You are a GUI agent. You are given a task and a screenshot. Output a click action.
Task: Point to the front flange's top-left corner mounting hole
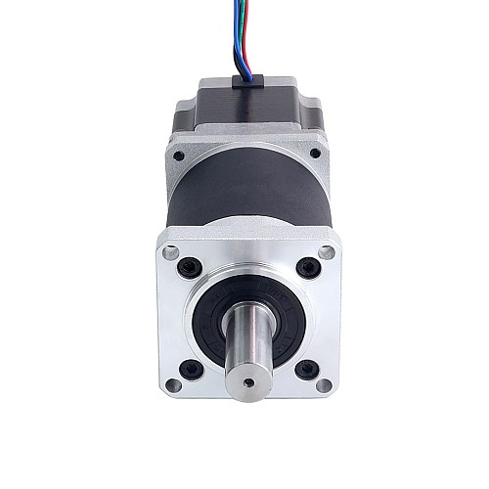[170, 252]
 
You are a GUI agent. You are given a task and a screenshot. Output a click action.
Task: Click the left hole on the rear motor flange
[177, 155]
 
